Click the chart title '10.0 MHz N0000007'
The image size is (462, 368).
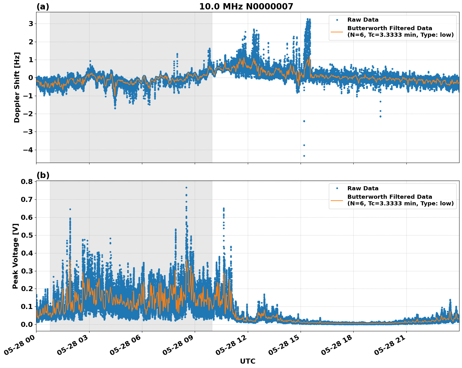pos(246,7)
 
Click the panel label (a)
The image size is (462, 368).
pos(43,7)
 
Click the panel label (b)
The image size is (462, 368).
pos(43,175)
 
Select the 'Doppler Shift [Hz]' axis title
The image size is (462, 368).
pos(17,87)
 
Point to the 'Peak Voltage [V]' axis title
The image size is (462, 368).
pos(15,256)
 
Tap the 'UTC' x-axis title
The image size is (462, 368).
pos(247,361)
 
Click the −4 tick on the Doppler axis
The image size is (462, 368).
pos(28,150)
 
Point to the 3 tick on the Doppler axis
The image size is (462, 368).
pos(31,24)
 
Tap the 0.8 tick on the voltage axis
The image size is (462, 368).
pos(27,181)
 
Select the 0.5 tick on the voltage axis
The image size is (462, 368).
pos(27,235)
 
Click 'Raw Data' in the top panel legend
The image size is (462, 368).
pos(363,20)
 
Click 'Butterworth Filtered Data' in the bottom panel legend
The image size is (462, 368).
pos(389,197)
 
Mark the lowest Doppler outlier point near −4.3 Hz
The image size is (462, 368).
pos(304,156)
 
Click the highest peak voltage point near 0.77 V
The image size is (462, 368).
pos(186,187)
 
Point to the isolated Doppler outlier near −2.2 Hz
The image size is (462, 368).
pos(380,116)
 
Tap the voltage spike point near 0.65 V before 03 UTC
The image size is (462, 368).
pos(70,209)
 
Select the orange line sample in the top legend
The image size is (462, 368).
pos(337,31)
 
